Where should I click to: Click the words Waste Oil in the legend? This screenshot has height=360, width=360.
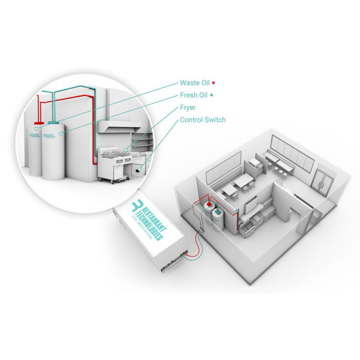195,83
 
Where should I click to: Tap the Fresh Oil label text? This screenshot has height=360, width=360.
194,95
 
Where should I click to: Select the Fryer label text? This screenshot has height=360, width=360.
188,107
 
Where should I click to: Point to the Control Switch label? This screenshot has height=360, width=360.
203,120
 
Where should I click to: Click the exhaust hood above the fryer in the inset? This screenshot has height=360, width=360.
120,127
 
